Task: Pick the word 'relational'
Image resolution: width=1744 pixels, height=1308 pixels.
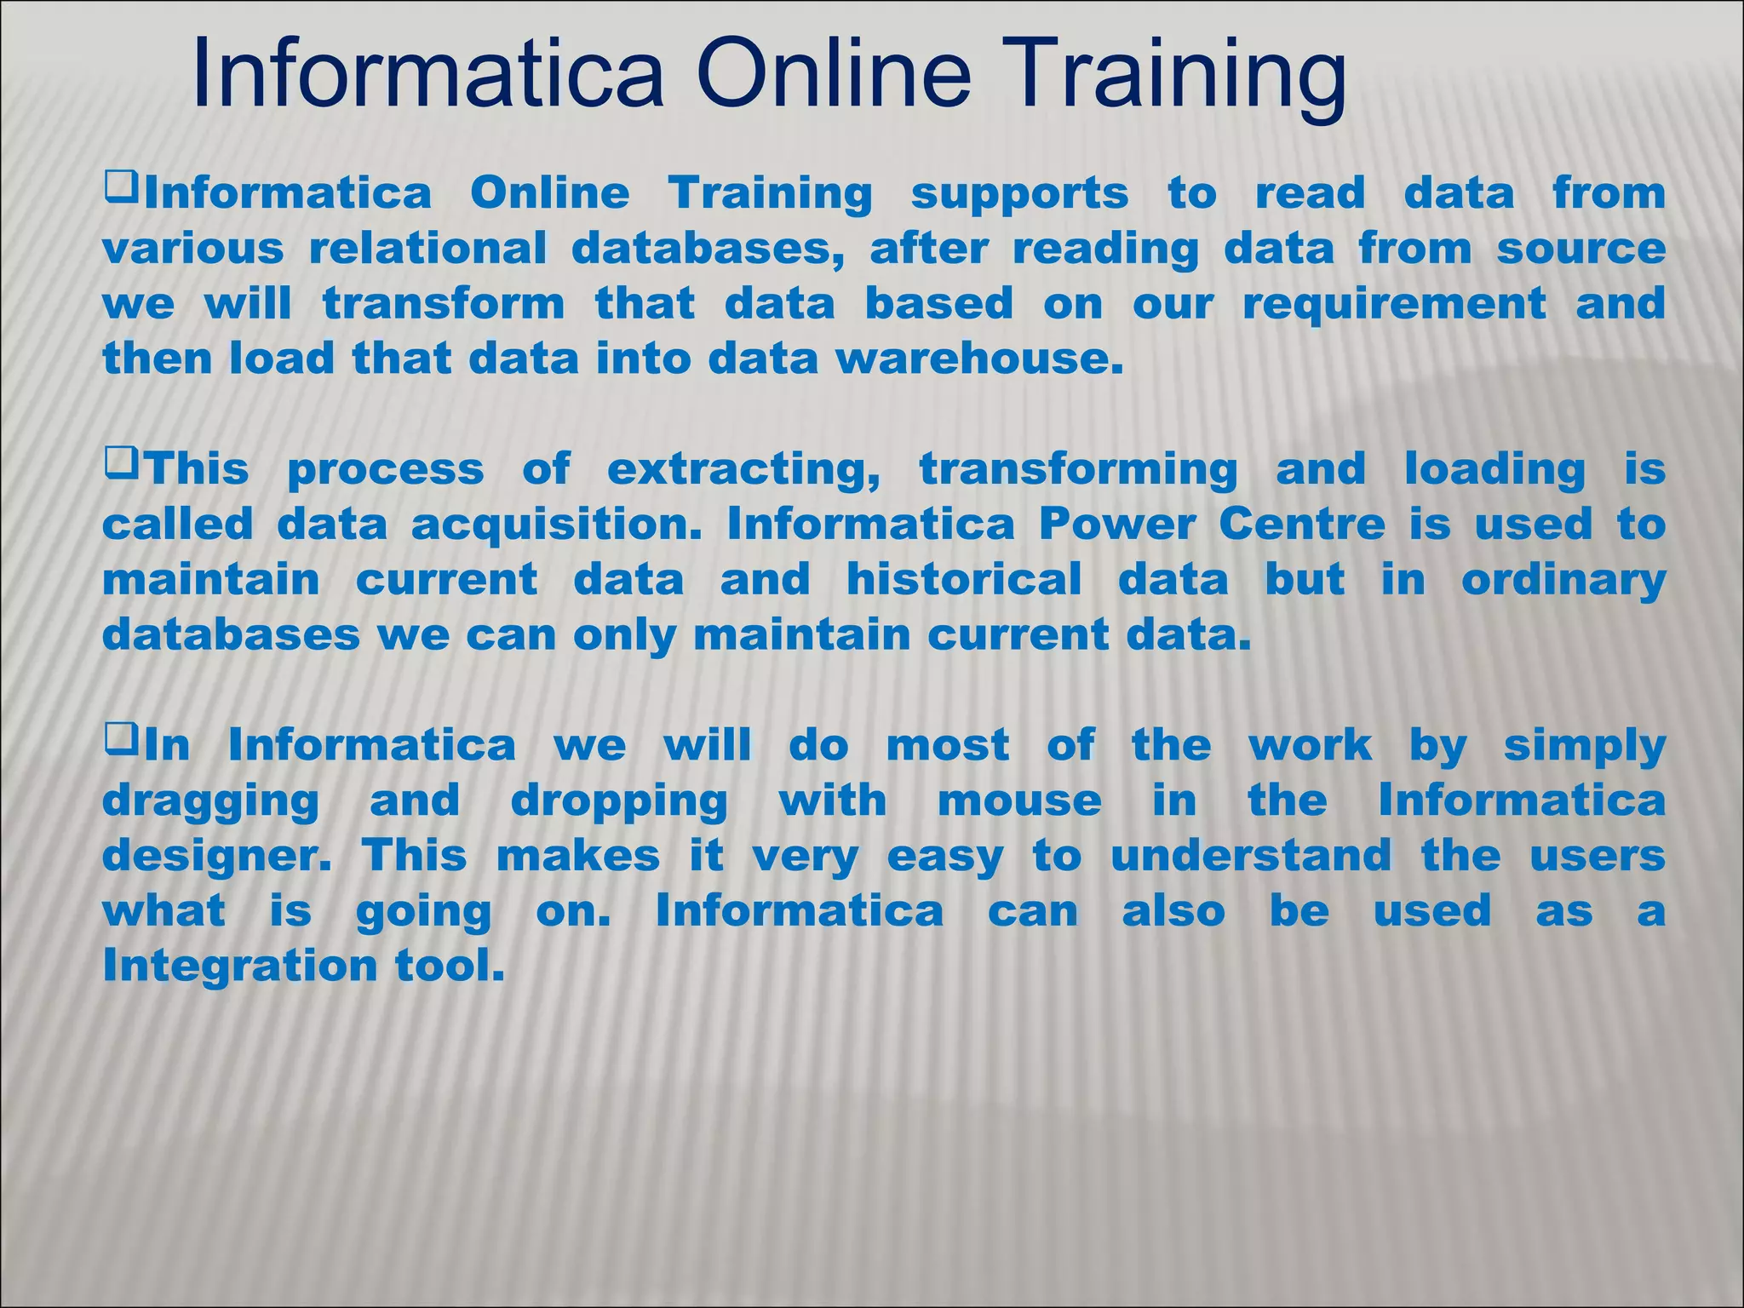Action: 427,249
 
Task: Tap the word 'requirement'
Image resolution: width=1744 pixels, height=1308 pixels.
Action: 1394,304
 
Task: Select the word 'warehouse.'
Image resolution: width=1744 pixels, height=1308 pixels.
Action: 974,359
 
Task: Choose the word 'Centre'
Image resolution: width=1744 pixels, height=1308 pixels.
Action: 1302,525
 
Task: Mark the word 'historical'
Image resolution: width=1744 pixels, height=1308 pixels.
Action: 964,580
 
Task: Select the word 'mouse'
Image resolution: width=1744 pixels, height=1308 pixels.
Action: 1019,800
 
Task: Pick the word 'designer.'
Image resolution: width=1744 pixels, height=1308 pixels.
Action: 216,857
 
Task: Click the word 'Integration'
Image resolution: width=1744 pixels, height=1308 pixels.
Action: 239,967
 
